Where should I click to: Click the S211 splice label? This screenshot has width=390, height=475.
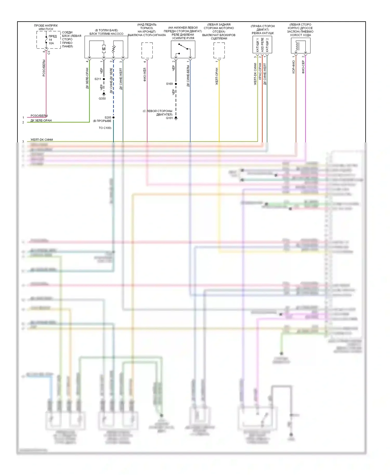click(x=98, y=79)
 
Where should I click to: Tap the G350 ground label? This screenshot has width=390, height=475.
click(x=102, y=98)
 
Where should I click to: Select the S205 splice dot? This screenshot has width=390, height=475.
click(x=113, y=117)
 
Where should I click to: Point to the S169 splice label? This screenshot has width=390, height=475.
click(x=169, y=84)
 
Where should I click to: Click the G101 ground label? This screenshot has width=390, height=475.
click(x=169, y=118)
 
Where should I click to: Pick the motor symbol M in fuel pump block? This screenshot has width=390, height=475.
click(x=104, y=49)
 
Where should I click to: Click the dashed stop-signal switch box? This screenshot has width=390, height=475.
click(x=147, y=50)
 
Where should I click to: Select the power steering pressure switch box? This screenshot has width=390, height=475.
click(x=183, y=49)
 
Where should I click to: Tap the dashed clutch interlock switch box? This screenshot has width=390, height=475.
click(x=219, y=50)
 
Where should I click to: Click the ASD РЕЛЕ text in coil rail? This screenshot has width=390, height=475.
click(x=262, y=45)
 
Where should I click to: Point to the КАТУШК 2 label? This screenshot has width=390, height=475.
click(x=267, y=45)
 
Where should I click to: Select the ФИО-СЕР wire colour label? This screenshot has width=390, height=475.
click(x=303, y=67)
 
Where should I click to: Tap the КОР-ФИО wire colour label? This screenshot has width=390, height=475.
click(x=294, y=67)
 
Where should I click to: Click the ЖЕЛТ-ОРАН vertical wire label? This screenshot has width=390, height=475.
click(x=217, y=76)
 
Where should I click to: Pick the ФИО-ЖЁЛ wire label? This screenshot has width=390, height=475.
click(x=145, y=75)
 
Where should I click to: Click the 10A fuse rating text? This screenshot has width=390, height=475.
click(x=51, y=43)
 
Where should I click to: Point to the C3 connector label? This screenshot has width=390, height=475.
click(x=49, y=52)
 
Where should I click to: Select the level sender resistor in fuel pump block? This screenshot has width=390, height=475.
click(x=113, y=49)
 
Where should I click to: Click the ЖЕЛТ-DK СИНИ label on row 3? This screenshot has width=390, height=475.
click(x=42, y=140)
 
